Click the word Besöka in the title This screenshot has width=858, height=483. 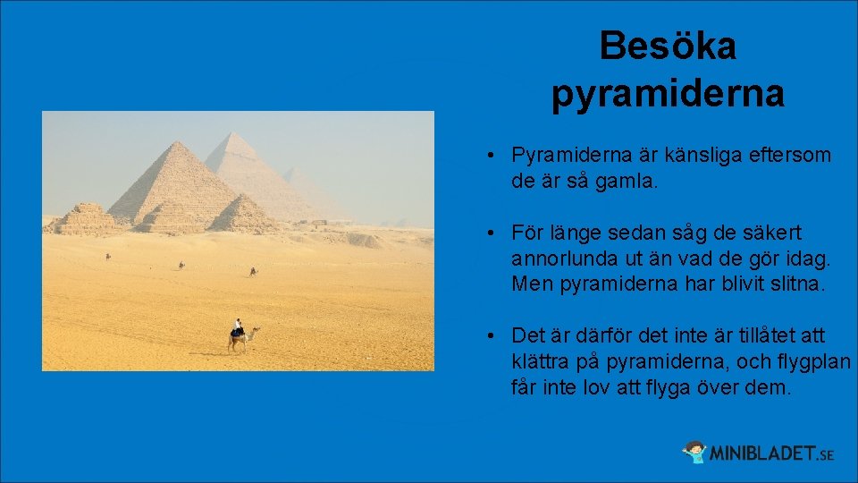(x=668, y=46)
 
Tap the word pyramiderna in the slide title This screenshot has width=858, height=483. (x=668, y=93)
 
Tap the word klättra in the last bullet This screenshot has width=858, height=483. (x=542, y=363)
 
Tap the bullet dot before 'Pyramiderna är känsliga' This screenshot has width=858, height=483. (x=492, y=157)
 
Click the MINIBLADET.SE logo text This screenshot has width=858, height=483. (x=770, y=453)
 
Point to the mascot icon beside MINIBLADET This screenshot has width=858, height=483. (x=694, y=452)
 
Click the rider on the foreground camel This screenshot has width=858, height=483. (x=238, y=326)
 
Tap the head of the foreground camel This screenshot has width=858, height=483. (x=257, y=330)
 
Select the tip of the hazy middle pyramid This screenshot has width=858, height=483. (x=231, y=134)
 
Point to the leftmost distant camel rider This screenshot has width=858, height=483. (x=108, y=257)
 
